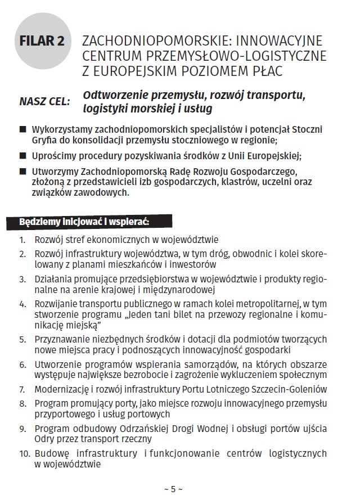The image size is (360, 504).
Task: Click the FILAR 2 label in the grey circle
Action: pyautogui.click(x=42, y=42)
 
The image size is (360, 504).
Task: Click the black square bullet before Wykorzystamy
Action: pyautogui.click(x=22, y=129)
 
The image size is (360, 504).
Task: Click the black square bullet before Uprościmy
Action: pyautogui.click(x=22, y=155)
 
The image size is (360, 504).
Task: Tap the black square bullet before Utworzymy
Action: pyautogui.click(x=22, y=171)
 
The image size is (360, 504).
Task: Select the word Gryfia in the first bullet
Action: pyautogui.click(x=46, y=139)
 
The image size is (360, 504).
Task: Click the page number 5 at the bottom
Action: pyautogui.click(x=173, y=489)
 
